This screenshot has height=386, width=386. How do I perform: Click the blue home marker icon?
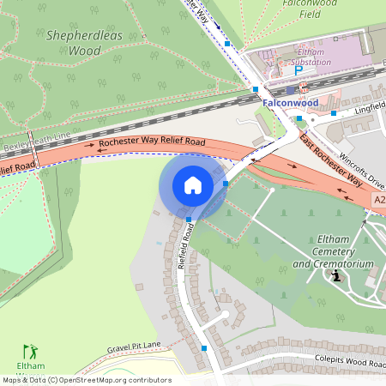pos(193,185)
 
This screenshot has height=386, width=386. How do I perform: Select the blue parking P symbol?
pos(299,74)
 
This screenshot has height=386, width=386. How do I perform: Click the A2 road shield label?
pos(379,199)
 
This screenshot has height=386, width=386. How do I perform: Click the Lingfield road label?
pos(368,110)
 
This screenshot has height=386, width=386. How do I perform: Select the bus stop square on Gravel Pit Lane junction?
pos(204,348)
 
